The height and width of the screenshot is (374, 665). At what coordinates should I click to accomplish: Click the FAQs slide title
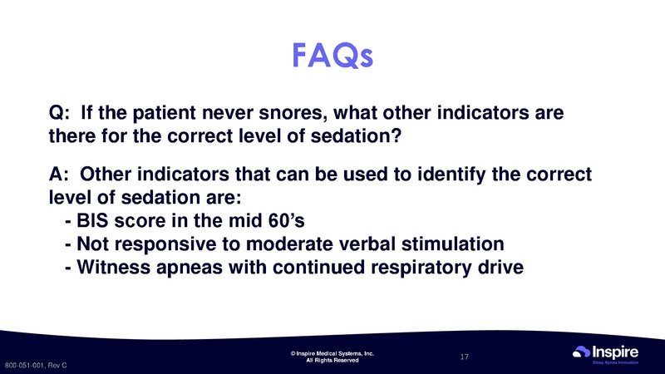point(332,56)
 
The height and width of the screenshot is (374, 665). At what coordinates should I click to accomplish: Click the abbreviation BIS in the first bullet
point(93,221)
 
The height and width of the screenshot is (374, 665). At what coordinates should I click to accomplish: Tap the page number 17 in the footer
point(465,357)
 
